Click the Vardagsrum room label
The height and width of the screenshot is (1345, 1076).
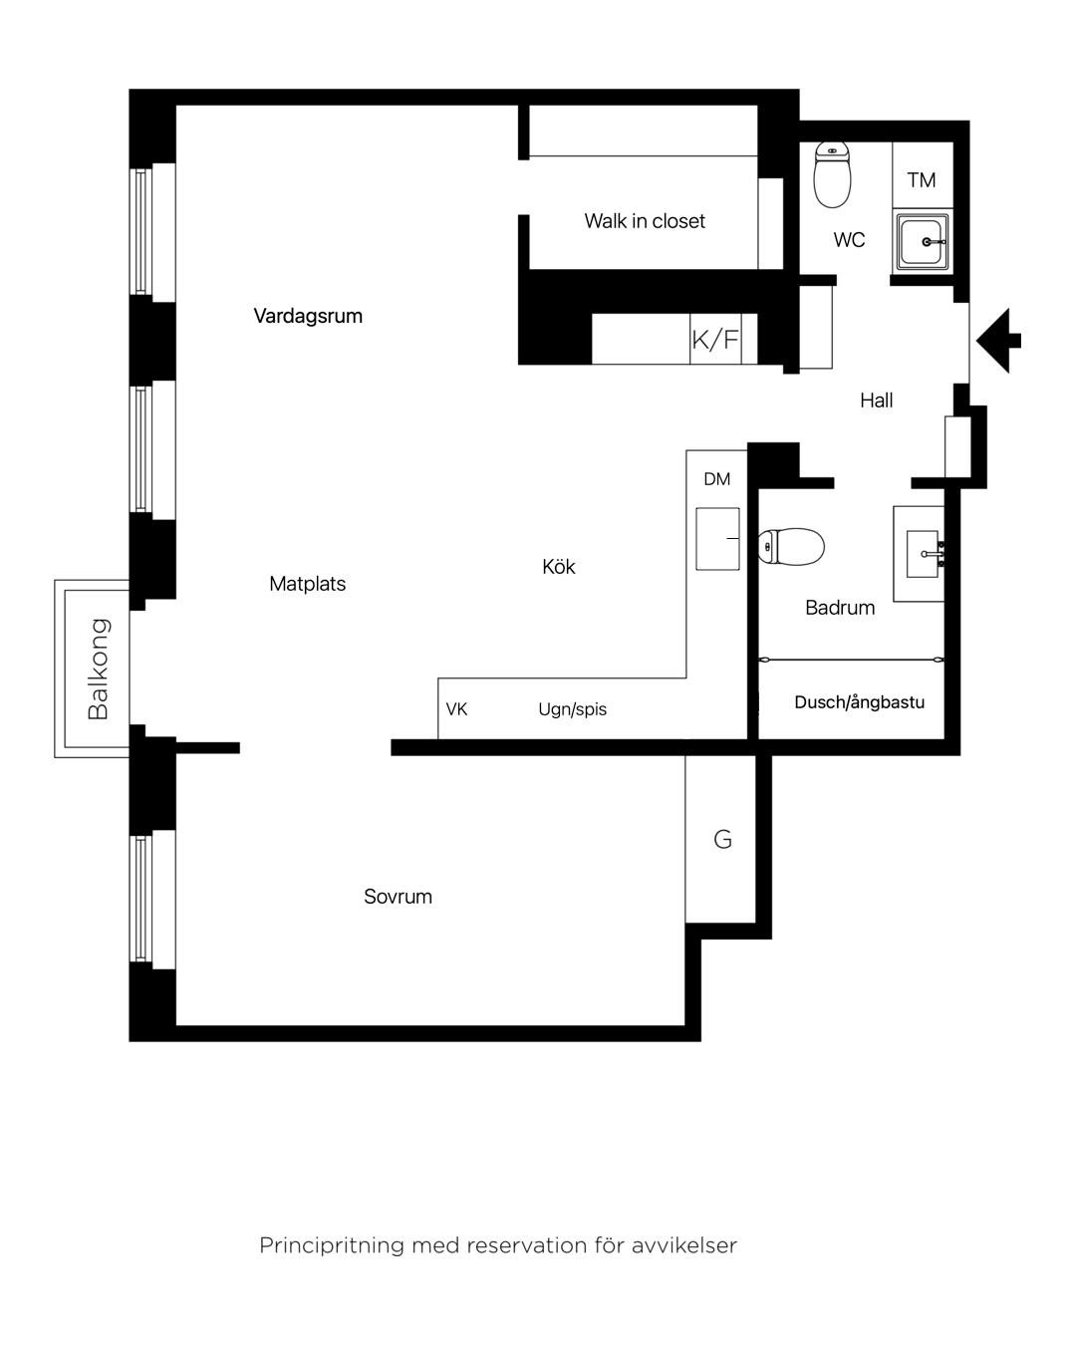[x=308, y=316]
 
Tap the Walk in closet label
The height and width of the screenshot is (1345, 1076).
[x=644, y=220]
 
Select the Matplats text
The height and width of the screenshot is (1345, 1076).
[x=307, y=583]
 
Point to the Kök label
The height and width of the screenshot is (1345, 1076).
[x=558, y=566]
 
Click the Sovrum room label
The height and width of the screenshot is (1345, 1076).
[x=398, y=897]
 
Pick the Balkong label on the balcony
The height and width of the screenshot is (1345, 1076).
[x=99, y=669]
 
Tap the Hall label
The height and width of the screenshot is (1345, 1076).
[x=876, y=400]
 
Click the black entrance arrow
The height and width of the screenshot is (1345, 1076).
[x=998, y=341]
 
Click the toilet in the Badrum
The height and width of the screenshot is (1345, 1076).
[x=791, y=547]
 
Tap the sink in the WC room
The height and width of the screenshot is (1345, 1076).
[x=923, y=242]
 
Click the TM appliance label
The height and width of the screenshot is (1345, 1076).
[x=922, y=180]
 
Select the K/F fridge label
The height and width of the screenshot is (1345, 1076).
[x=715, y=340]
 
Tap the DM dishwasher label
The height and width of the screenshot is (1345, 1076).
[x=716, y=479]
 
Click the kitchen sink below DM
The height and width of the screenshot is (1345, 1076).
[x=717, y=539]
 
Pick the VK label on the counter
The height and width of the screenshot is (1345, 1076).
[x=456, y=708]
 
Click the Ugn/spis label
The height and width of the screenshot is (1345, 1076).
[x=572, y=709]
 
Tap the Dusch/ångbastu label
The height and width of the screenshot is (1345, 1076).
[x=859, y=702]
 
